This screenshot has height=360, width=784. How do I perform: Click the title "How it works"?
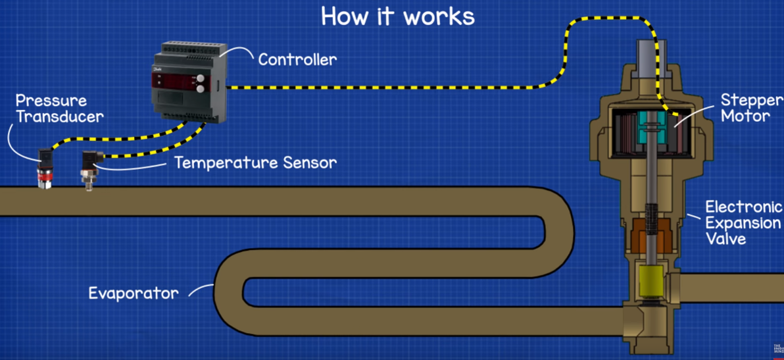click(397, 16)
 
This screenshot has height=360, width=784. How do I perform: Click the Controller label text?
click(297, 59)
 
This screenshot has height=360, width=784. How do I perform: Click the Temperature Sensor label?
click(255, 162)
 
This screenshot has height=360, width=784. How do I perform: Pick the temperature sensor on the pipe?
click(87, 170)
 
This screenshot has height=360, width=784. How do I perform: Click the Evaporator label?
click(134, 293)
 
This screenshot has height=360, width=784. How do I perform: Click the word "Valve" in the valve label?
click(726, 238)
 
